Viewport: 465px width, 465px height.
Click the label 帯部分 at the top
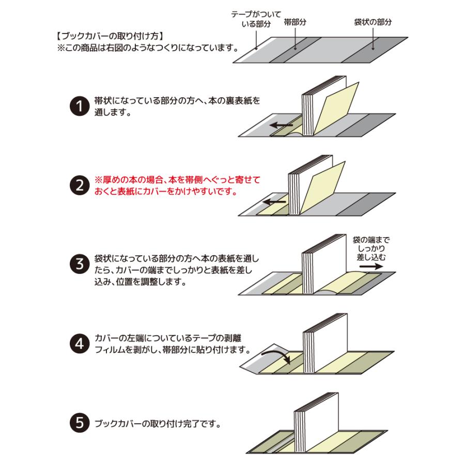coord(295,23)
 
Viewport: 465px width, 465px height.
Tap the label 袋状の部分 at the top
coord(373,23)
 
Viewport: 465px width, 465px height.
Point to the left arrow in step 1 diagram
coord(282,125)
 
